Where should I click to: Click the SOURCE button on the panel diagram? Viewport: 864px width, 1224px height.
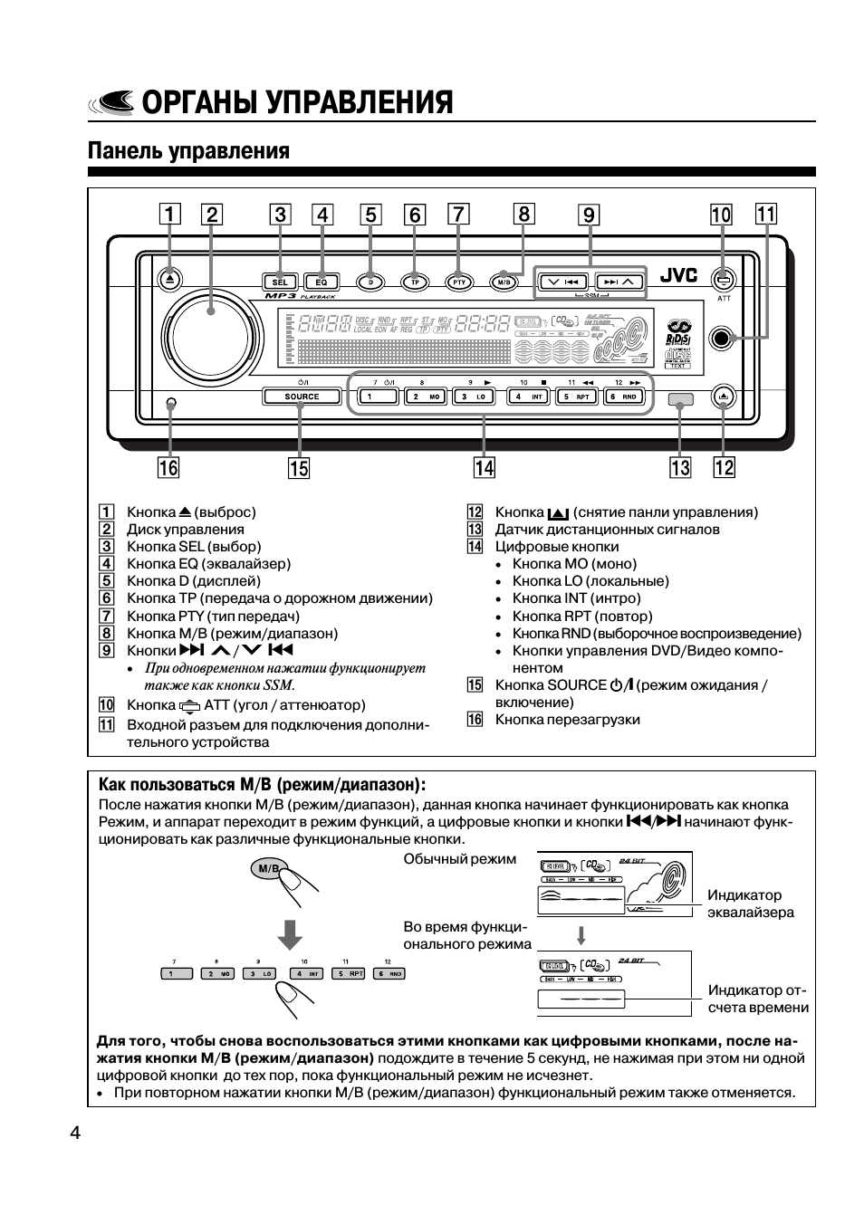pos(302,397)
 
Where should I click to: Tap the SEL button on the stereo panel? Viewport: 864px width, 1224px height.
pos(280,282)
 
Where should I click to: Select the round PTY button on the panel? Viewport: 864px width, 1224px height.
pos(459,282)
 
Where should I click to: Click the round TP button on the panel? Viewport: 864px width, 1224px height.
pos(415,282)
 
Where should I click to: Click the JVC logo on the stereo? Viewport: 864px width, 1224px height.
pos(678,276)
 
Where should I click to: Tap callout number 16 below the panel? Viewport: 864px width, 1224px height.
pos(168,467)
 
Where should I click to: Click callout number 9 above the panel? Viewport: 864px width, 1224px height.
pos(590,215)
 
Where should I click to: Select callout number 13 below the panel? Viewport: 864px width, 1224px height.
pos(679,467)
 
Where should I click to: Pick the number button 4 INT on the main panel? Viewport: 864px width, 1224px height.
pos(529,397)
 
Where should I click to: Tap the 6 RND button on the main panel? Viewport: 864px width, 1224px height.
pos(624,397)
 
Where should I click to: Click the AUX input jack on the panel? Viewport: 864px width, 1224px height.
pos(722,338)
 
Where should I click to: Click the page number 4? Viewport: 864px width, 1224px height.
pos(75,1133)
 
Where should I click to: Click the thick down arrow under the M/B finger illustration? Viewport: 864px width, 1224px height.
pos(290,932)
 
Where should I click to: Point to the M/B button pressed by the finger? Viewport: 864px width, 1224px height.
pos(268,869)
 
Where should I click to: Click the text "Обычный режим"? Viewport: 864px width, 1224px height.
pos(459,858)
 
